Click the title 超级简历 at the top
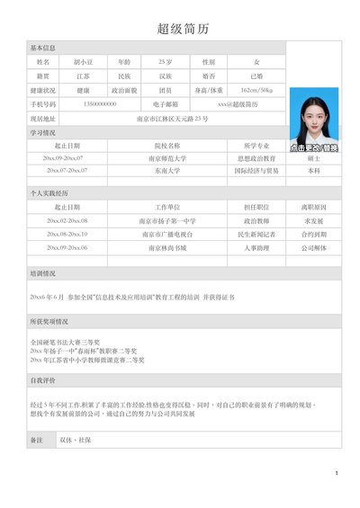(x=183, y=29)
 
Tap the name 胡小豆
(x=84, y=62)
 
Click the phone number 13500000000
(x=99, y=104)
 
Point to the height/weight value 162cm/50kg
(x=257, y=91)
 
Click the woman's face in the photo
(x=316, y=115)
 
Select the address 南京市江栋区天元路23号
(x=172, y=119)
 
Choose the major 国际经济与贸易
(x=256, y=170)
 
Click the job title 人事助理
(x=256, y=246)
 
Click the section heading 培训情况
(x=43, y=273)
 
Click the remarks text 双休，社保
(x=76, y=440)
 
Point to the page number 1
(x=336, y=472)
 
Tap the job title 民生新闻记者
(x=256, y=234)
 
